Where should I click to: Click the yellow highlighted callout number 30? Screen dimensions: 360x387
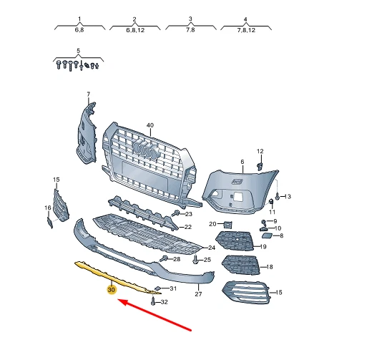(111, 291)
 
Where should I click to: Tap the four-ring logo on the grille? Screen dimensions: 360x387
(147, 152)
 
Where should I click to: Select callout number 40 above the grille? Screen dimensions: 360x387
(150, 125)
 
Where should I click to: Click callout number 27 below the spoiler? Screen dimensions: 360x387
(199, 294)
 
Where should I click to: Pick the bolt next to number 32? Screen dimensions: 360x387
(154, 301)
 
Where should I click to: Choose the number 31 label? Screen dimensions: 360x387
(172, 288)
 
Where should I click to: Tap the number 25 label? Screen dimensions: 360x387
(207, 260)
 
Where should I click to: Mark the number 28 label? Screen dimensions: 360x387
(177, 258)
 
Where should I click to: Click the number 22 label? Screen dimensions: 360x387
(188, 227)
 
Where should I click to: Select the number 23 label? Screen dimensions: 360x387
(189, 214)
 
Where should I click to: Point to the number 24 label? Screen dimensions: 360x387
(212, 247)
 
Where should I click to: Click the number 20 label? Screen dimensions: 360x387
(212, 224)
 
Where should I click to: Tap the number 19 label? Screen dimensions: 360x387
(263, 247)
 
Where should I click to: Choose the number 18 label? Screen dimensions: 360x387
(270, 267)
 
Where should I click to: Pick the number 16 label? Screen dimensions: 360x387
(48, 208)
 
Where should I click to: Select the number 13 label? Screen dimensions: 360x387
(288, 196)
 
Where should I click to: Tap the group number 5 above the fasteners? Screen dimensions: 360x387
(79, 52)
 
